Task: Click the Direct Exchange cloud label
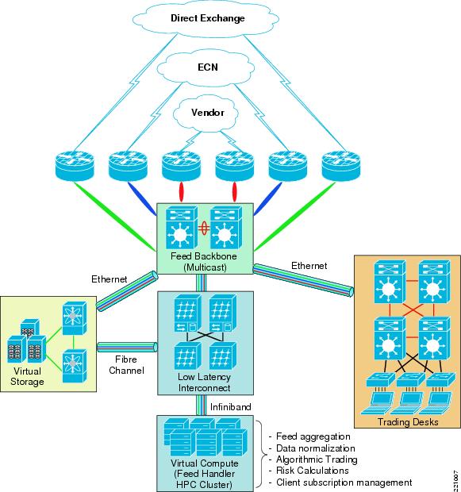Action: [x=207, y=18]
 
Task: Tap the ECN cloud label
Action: [x=207, y=67]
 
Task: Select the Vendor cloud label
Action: [x=207, y=113]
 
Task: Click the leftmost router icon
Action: [x=75, y=165]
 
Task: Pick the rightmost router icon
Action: [x=341, y=165]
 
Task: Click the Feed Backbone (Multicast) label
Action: [x=204, y=261]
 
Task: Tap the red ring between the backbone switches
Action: [x=204, y=229]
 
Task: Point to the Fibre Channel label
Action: [x=126, y=364]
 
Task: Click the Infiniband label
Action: [x=230, y=407]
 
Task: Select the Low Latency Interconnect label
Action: [x=204, y=382]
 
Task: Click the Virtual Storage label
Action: [x=27, y=376]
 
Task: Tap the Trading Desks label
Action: [x=408, y=421]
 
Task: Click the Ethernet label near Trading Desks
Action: [x=309, y=266]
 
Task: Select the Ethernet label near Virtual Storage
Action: [x=109, y=279]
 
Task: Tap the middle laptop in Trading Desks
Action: [x=407, y=403]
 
